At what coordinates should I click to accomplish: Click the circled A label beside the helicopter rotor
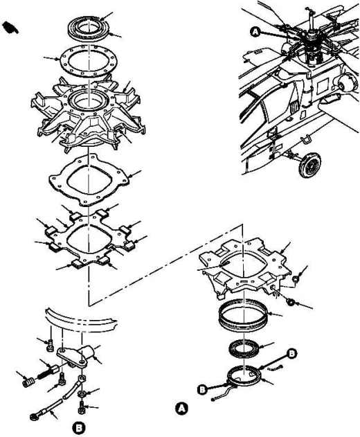click(x=255, y=33)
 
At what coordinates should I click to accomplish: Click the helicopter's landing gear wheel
click(x=309, y=165)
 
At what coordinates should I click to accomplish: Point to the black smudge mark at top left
click(x=10, y=28)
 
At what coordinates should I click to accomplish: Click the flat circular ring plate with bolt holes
click(x=89, y=61)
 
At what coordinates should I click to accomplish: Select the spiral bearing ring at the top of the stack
click(x=89, y=28)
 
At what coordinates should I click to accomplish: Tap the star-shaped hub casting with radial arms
click(x=88, y=114)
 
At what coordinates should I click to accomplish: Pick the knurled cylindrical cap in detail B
click(x=28, y=382)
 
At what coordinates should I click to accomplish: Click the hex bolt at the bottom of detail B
click(x=82, y=408)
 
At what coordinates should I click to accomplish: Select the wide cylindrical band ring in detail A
click(x=243, y=313)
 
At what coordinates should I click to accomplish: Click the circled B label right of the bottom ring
click(x=291, y=353)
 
